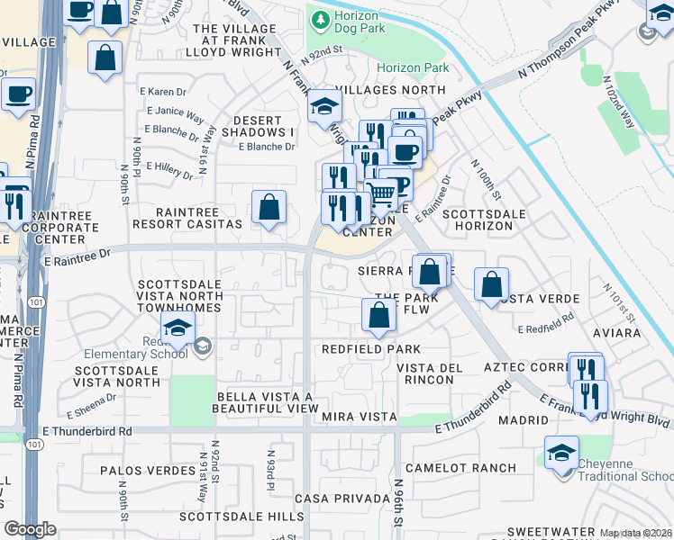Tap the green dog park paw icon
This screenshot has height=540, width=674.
[318, 17]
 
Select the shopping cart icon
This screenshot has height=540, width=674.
[381, 193]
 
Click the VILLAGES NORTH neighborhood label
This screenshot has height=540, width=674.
[390, 91]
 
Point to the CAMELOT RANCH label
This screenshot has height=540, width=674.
[460, 468]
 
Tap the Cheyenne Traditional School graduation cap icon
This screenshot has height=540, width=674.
[560, 453]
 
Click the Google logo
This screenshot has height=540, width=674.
[30, 529]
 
